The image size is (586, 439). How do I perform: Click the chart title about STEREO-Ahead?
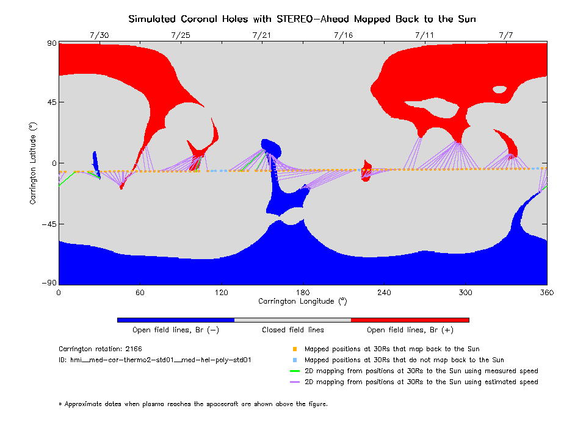[302, 19]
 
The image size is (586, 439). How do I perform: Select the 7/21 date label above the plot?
[262, 35]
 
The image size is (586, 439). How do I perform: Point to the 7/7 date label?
[506, 35]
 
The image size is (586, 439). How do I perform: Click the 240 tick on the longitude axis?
[384, 293]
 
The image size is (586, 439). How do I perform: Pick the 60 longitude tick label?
[140, 293]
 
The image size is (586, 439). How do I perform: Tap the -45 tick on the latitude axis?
[48, 224]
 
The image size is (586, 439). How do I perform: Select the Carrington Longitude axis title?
[302, 301]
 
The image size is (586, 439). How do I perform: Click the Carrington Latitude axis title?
[34, 163]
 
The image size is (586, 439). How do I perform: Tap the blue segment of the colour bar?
[176, 319]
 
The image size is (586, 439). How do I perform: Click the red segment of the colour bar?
[410, 319]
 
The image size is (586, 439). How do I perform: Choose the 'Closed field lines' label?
[293, 330]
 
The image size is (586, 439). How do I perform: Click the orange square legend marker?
[294, 349]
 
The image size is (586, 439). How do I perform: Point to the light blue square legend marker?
[294, 360]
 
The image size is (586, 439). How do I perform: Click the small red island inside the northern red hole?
[499, 89]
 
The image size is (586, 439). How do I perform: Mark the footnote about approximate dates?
[193, 404]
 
